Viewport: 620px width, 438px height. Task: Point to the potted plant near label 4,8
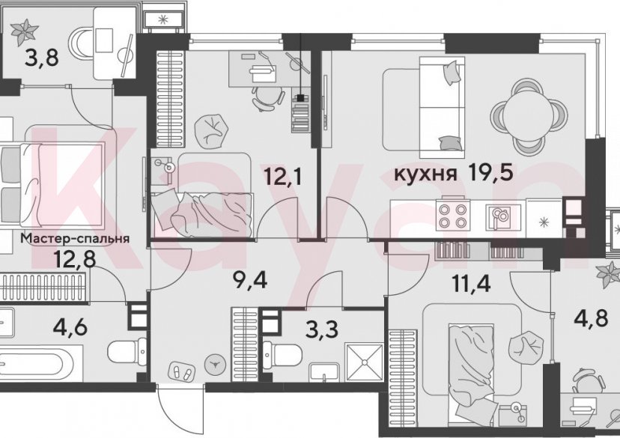click(x=605, y=277)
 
